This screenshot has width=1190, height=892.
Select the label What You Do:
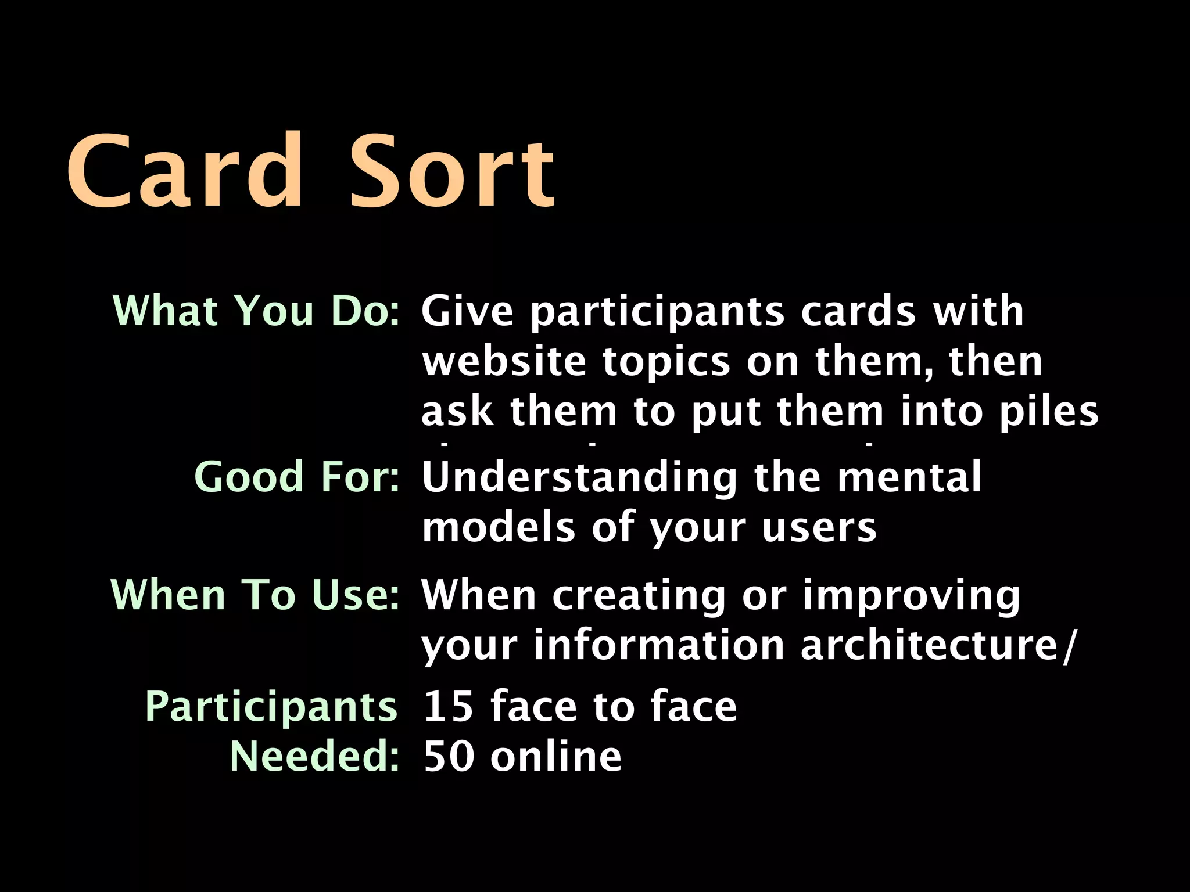256,311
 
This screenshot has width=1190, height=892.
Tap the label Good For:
297,477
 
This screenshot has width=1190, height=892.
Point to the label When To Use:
255,595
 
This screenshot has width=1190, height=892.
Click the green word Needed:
314,756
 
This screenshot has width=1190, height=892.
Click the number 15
448,707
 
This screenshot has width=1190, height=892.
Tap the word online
556,757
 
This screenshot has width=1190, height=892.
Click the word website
504,361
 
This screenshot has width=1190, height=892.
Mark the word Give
467,311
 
